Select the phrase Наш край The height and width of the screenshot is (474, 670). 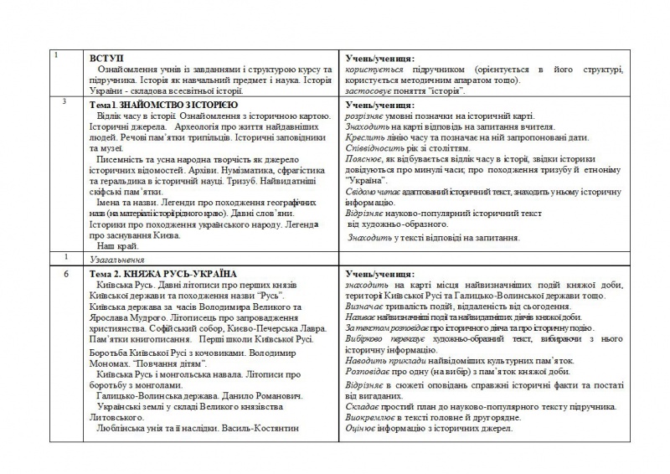117,247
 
